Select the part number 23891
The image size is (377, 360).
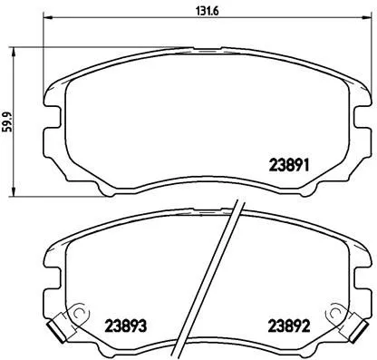(291, 166)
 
